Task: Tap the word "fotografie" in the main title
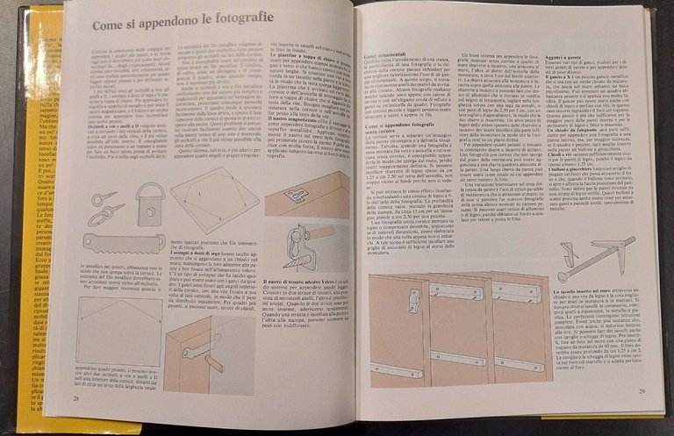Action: [249, 18]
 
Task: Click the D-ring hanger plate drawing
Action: [150, 200]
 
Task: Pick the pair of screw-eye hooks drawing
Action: [104, 206]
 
